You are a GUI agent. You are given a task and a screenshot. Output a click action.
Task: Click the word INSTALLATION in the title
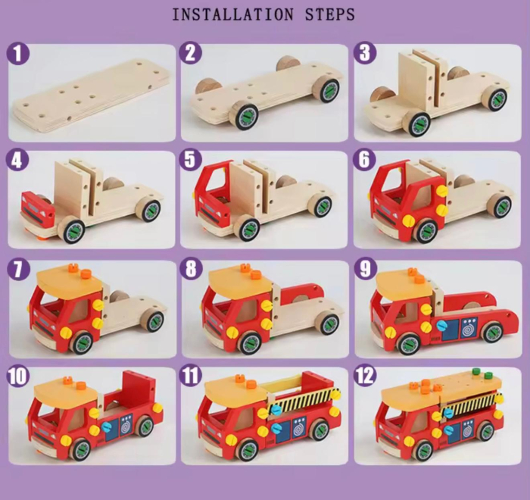(x=222, y=14)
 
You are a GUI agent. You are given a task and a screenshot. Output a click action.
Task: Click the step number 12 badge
(x=366, y=377)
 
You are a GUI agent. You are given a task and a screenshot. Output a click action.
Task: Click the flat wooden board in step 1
(x=91, y=98)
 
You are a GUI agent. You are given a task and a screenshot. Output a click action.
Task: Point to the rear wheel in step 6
(x=497, y=205)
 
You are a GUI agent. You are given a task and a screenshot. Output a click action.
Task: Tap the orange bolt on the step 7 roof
(x=73, y=269)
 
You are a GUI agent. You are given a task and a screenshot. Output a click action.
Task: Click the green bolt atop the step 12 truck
(x=477, y=373)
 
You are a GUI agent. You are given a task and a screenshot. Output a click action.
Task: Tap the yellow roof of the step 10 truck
(x=68, y=392)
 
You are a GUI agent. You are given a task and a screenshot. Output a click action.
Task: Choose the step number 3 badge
(x=365, y=55)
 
